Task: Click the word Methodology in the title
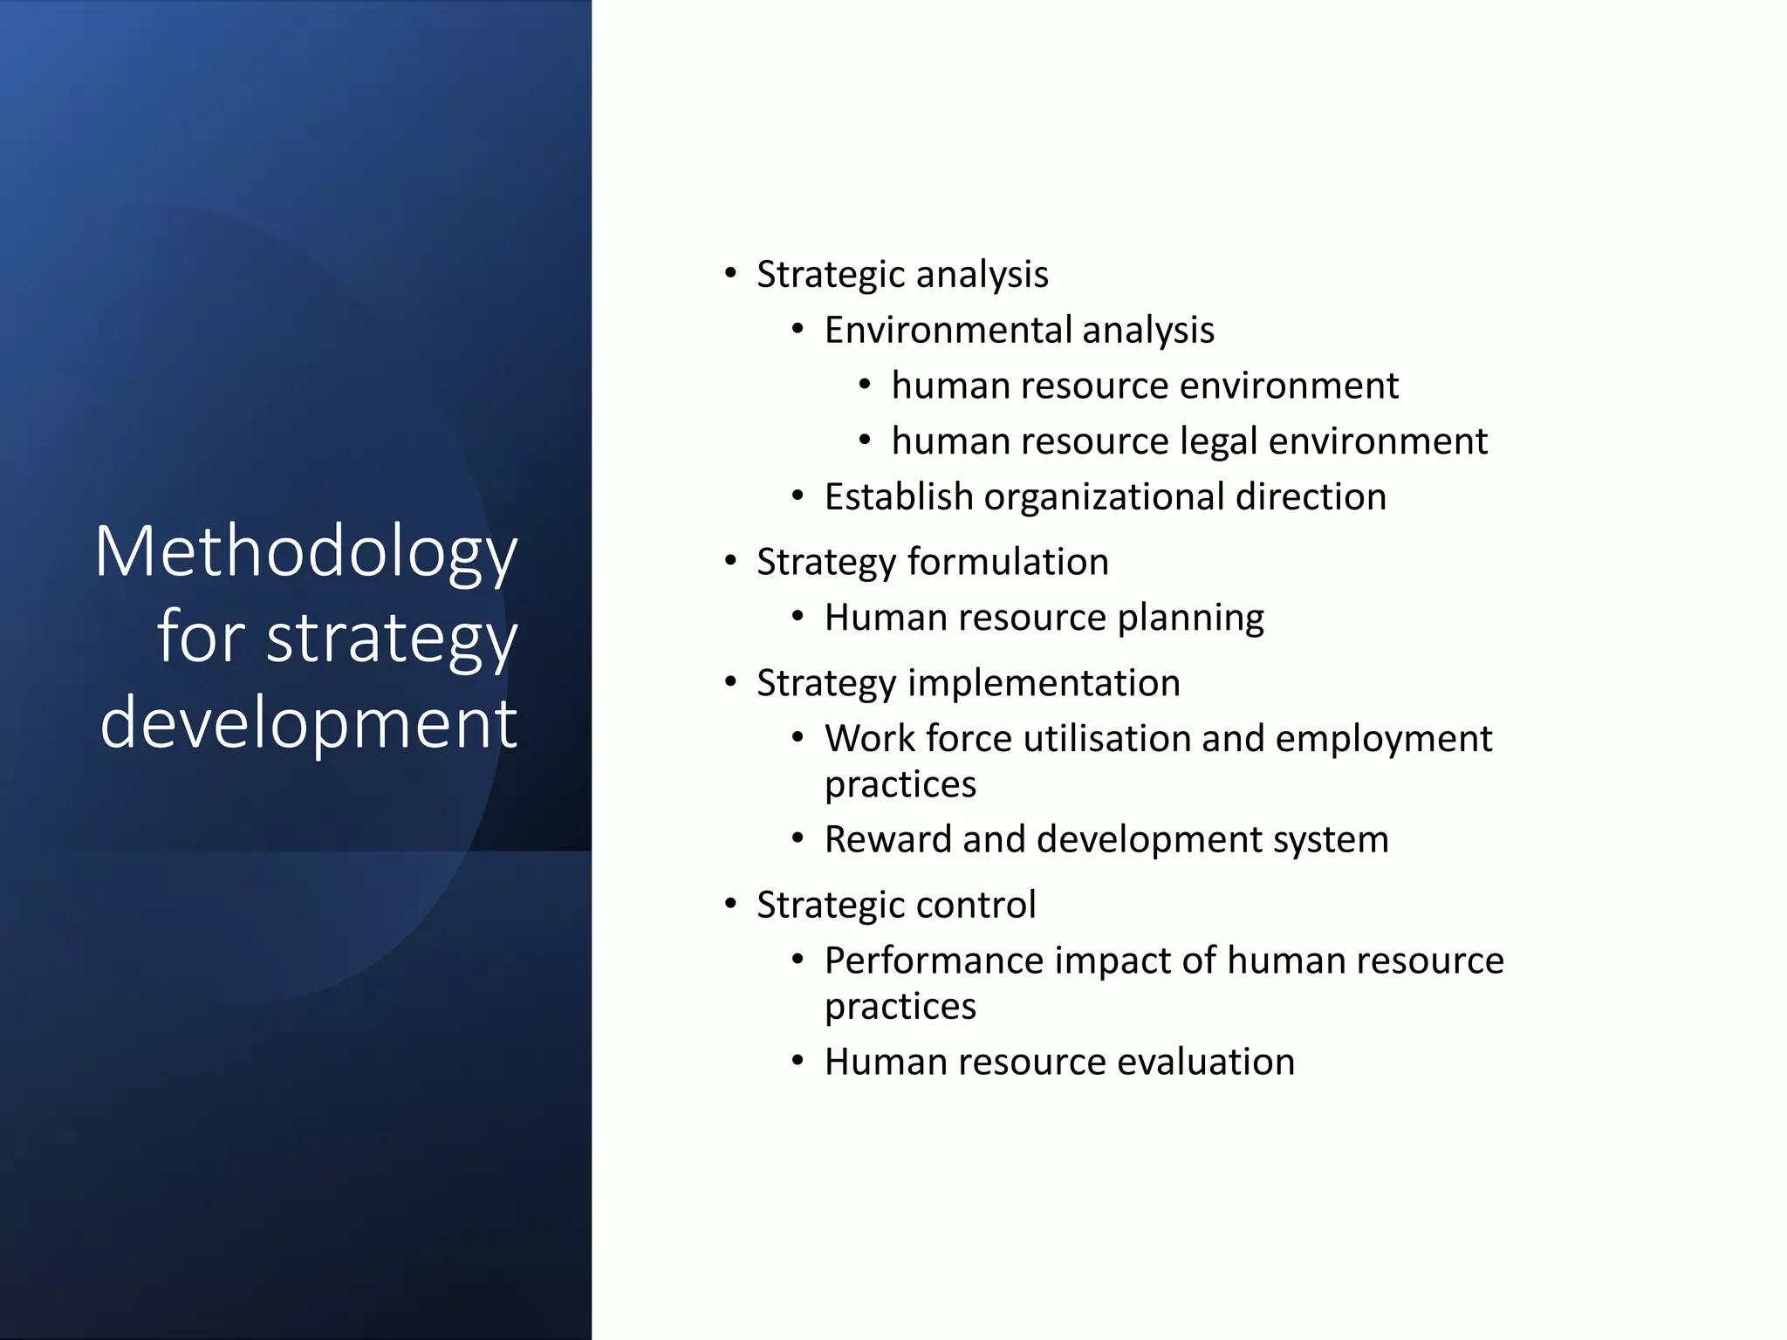(x=306, y=552)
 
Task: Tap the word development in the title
(x=309, y=722)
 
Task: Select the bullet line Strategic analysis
(x=902, y=275)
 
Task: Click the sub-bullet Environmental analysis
(x=1019, y=331)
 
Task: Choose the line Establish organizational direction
(x=1105, y=497)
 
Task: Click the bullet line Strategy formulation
(x=932, y=562)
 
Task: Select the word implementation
(x=1044, y=683)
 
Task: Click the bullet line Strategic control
(x=895, y=905)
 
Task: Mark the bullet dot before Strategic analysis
(x=730, y=273)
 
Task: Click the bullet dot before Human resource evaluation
(x=798, y=1061)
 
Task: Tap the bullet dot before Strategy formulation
(x=730, y=560)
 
